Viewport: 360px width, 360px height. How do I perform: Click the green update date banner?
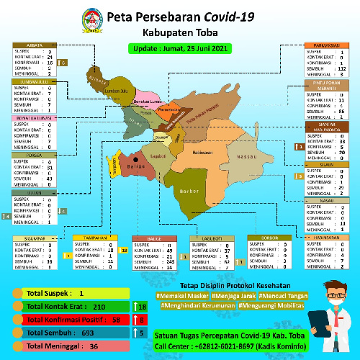click(x=179, y=49)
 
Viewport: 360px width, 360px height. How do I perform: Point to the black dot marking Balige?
click(x=135, y=159)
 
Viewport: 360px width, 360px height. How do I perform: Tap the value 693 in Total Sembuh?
click(x=89, y=333)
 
